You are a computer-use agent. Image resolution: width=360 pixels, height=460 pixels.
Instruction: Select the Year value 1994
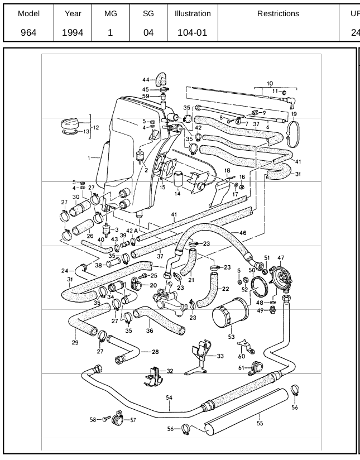point(73,32)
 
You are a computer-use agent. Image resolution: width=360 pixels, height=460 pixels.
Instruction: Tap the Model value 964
point(28,32)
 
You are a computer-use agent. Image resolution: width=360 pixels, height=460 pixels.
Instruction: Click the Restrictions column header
point(278,13)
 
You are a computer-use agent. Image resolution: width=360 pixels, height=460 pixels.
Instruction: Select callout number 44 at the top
point(145,80)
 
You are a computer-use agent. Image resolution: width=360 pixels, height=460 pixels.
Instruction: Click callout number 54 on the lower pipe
point(169,397)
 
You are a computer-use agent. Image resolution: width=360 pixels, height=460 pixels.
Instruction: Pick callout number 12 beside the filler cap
point(96,127)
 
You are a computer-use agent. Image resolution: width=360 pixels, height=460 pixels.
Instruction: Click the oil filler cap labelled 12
point(72,125)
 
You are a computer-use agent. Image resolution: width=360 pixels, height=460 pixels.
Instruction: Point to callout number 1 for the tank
point(89,158)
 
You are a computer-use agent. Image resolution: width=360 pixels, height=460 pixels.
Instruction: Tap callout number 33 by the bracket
point(220,356)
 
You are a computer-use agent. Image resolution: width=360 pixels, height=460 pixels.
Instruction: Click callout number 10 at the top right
point(270,83)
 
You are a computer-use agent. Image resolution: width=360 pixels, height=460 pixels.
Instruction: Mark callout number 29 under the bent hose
point(75,342)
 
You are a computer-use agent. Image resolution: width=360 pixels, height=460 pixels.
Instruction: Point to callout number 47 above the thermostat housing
point(281,257)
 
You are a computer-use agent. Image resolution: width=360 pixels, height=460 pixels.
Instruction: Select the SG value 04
point(148,32)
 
